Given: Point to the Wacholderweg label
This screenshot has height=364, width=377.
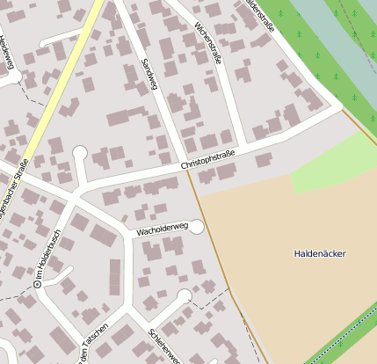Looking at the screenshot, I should coord(163,230).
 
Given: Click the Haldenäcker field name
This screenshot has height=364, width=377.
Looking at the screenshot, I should coord(320,254).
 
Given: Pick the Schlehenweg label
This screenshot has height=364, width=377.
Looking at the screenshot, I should coord(165,347).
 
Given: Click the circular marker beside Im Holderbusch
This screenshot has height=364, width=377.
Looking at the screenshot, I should coord(38,285).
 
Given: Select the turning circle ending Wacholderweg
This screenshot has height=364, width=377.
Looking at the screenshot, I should coord(196,227).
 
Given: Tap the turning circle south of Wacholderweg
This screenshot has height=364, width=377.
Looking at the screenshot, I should coord(184,295).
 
